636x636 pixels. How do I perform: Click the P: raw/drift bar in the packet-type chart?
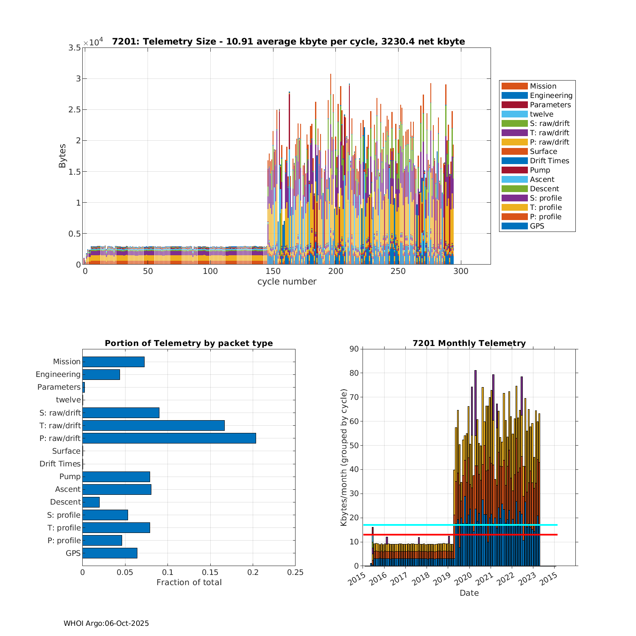[169, 438]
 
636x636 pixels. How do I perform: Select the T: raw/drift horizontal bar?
[153, 425]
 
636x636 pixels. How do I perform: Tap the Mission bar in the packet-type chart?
[113, 362]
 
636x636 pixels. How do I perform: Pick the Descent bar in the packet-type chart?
[91, 502]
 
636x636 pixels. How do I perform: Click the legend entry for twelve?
[541, 114]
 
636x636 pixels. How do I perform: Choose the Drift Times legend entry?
[549, 161]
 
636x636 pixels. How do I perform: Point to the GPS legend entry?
[537, 226]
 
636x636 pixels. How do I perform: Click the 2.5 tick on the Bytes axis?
[75, 110]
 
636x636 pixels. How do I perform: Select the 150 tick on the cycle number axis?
[273, 271]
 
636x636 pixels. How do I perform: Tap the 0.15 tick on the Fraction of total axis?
[210, 572]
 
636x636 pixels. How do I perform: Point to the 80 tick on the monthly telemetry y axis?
[353, 373]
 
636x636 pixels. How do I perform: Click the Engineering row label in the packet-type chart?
[58, 374]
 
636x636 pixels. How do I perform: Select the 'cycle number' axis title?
[287, 282]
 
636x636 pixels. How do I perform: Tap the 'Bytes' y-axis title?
[62, 156]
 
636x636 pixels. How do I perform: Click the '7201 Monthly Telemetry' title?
[469, 343]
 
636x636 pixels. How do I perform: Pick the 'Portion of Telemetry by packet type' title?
[189, 343]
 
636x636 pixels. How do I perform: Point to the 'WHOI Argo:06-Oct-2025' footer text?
[106, 623]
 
